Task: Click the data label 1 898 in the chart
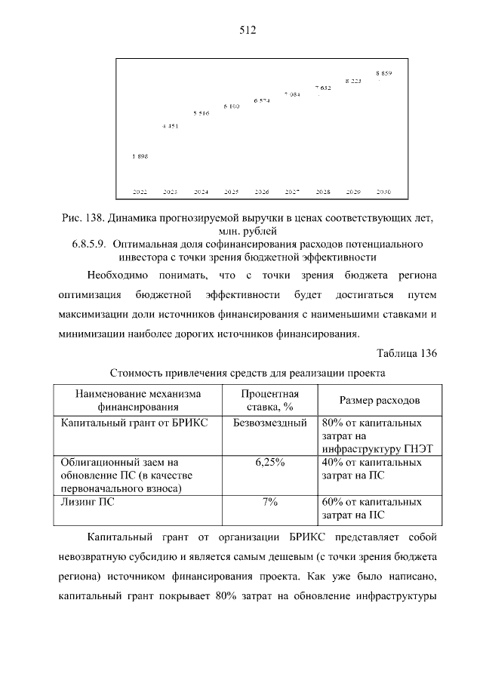click(140, 156)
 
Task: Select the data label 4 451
click(170, 126)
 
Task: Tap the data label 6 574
click(261, 100)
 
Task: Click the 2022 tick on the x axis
click(140, 192)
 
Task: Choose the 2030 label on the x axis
click(383, 192)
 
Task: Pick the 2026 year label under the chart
click(261, 192)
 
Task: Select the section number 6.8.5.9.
click(88, 245)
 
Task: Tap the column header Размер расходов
click(380, 400)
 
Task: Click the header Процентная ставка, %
click(269, 400)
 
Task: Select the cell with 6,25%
click(269, 462)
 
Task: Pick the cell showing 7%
click(269, 501)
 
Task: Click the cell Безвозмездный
click(269, 423)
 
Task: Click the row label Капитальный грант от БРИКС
click(134, 423)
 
